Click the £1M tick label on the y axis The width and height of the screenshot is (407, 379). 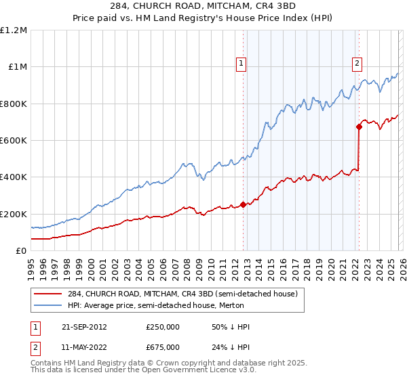17,67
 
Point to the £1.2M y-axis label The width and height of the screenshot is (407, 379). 14,30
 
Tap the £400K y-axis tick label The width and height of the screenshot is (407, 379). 14,177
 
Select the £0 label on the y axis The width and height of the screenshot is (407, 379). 22,250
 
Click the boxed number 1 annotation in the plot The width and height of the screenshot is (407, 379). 241,64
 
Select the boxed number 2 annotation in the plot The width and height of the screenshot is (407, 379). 357,64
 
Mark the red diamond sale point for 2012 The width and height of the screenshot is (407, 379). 243,204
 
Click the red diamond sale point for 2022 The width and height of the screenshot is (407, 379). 359,126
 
